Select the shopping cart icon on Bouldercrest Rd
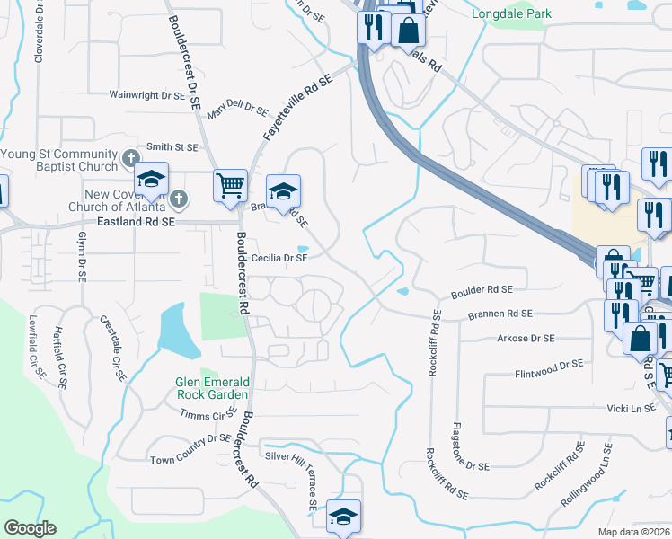(230, 185)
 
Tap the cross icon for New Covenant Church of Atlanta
(179, 198)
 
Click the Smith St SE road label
(172, 146)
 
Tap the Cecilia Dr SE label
(279, 258)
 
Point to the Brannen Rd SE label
(500, 314)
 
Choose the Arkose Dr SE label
(526, 339)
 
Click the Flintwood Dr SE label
(550, 372)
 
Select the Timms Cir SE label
(208, 414)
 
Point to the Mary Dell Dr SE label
(237, 110)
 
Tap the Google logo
(30, 528)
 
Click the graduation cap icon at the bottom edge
(343, 517)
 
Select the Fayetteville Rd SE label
(296, 107)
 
